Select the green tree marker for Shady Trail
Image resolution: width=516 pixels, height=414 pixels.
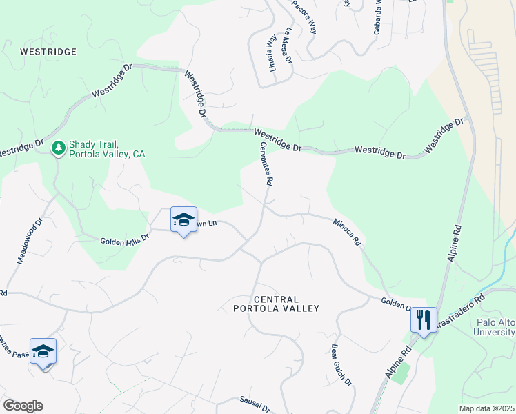pyautogui.click(x=59, y=147)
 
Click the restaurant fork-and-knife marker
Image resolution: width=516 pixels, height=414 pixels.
pyautogui.click(x=424, y=319)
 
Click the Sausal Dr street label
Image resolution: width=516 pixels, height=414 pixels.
pyautogui.click(x=255, y=404)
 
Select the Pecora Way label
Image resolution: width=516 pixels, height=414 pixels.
pyautogui.click(x=304, y=17)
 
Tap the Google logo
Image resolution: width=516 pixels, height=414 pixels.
pyautogui.click(x=23, y=406)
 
